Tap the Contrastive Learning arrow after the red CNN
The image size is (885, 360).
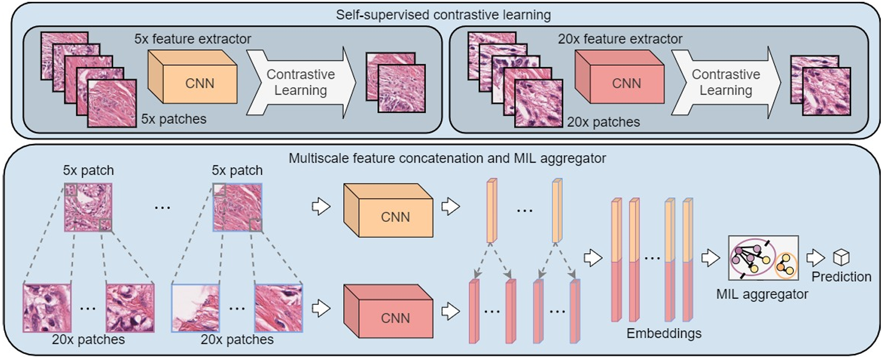point(726,83)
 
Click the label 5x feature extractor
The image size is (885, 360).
point(192,39)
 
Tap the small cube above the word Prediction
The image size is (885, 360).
point(841,258)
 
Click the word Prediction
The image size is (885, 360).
point(841,277)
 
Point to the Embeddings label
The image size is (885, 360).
point(664,333)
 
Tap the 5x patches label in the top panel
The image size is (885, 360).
point(173,119)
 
